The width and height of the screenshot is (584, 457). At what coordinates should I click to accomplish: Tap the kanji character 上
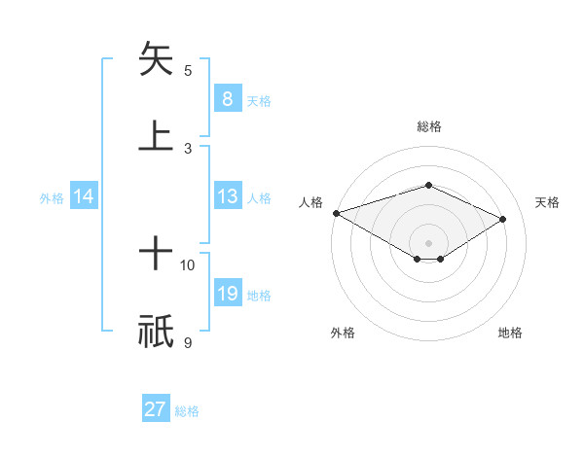click(156, 135)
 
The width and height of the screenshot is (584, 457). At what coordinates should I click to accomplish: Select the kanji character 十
click(156, 256)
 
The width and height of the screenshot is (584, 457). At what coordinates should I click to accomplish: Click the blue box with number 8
click(227, 98)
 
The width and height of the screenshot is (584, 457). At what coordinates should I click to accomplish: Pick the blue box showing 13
click(227, 196)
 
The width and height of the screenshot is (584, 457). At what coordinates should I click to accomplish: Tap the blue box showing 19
click(227, 294)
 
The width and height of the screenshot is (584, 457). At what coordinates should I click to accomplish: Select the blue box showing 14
click(84, 196)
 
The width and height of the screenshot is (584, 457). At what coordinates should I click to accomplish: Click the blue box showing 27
click(156, 409)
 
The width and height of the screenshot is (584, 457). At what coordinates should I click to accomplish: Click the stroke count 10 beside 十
click(188, 264)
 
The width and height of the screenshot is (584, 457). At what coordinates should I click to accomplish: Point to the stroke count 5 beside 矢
click(188, 70)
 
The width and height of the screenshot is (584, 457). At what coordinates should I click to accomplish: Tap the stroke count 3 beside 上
click(188, 148)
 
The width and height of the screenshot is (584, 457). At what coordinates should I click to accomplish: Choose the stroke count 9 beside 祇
click(188, 342)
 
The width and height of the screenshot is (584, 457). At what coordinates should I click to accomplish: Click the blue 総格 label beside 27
click(187, 411)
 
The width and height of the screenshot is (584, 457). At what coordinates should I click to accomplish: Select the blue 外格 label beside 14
click(52, 198)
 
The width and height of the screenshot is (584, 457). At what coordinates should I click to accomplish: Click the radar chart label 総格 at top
click(428, 126)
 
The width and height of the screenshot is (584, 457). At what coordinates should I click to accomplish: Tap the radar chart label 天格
click(548, 202)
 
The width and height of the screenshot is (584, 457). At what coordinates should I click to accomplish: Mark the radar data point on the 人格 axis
click(336, 213)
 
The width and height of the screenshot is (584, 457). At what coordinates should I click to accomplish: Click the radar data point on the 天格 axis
click(503, 220)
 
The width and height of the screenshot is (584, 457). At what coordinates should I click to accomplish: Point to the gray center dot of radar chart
click(428, 242)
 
